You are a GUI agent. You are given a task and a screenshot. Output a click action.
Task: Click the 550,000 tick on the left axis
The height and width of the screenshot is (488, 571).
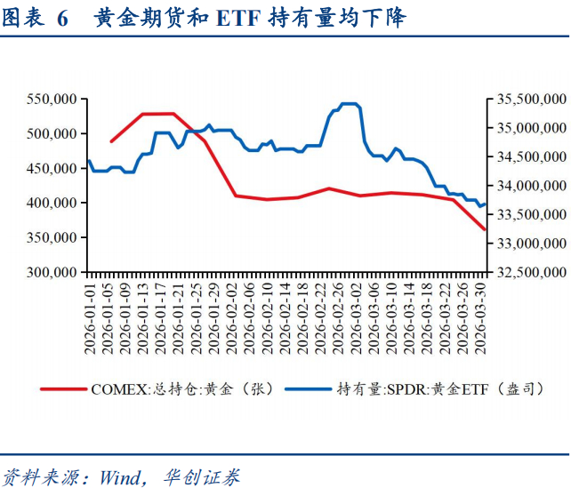pyautogui.click(x=51, y=100)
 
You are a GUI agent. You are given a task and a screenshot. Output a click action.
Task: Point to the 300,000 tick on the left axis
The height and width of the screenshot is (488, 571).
pyautogui.click(x=51, y=272)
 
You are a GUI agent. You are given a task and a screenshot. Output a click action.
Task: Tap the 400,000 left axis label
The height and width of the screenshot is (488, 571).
pyautogui.click(x=51, y=203)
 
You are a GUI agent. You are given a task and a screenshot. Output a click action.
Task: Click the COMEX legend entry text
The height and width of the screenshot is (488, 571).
pyautogui.click(x=183, y=388)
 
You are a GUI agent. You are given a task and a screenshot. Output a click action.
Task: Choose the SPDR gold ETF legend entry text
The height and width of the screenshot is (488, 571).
pyautogui.click(x=439, y=388)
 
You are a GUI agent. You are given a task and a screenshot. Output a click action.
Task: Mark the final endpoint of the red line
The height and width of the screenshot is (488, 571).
pyautogui.click(x=485, y=229)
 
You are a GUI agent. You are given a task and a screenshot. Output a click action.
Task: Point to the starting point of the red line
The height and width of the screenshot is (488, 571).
pyautogui.click(x=111, y=141)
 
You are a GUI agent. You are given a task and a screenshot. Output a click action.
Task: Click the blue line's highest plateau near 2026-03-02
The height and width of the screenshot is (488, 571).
pyautogui.click(x=349, y=104)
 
